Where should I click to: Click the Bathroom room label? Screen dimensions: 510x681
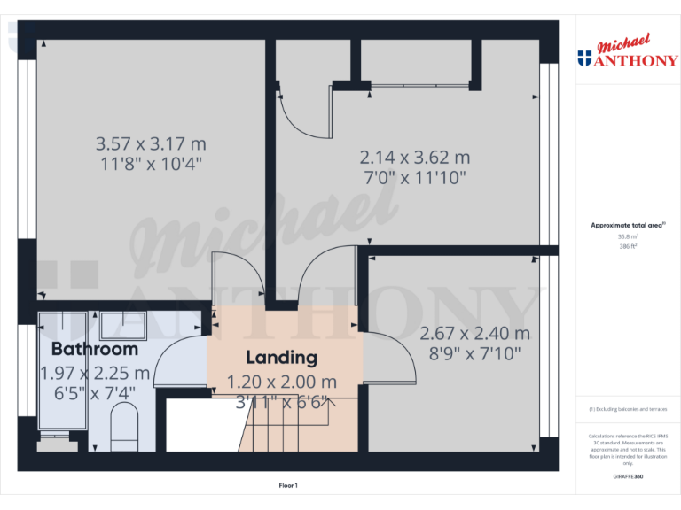[95, 349]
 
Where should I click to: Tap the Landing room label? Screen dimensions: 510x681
[281, 358]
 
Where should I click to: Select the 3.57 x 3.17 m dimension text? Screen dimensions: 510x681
[151, 143]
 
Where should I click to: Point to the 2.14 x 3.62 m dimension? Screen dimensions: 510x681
[414, 158]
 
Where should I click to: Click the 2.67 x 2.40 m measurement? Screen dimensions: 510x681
[474, 334]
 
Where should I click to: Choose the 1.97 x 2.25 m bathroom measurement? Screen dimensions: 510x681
[95, 374]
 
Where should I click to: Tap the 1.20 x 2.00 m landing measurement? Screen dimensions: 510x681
[282, 382]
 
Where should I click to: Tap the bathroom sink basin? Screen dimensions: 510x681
[117, 324]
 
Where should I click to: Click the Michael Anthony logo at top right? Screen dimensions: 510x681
[627, 53]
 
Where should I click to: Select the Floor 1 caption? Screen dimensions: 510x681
[288, 485]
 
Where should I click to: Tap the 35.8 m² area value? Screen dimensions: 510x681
[627, 237]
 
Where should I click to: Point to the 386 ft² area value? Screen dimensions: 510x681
[627, 247]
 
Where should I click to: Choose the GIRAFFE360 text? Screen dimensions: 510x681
[627, 477]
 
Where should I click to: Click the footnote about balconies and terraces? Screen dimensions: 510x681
[627, 409]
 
